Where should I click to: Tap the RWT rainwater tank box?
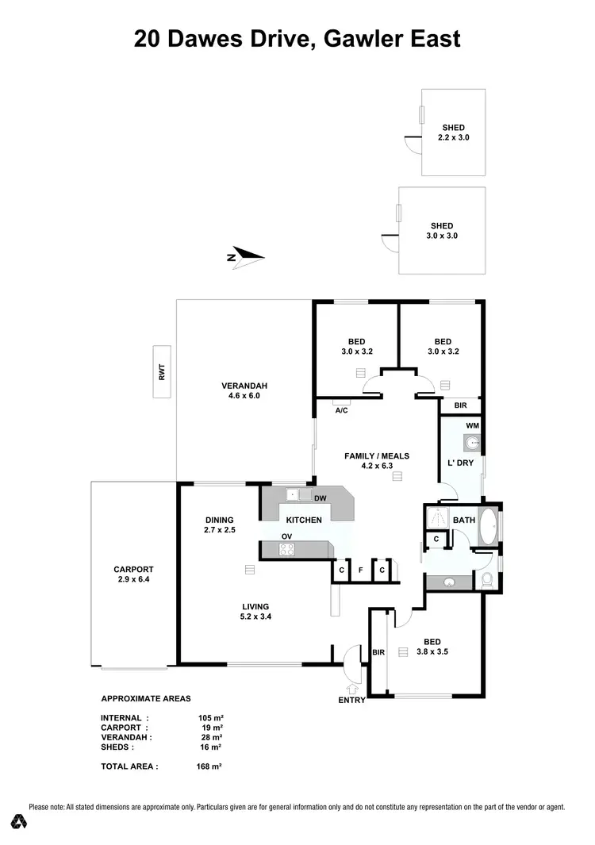pos(162,371)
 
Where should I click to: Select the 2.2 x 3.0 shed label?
pos(453,133)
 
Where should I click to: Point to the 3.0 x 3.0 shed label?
pos(442,231)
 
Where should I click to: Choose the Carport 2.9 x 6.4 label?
pos(132,574)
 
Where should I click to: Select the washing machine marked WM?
pos(472,443)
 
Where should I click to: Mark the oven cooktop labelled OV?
pos(286,548)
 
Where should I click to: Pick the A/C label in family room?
pos(342,410)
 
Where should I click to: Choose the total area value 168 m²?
pos(209,766)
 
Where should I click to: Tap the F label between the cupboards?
pos(360,570)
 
